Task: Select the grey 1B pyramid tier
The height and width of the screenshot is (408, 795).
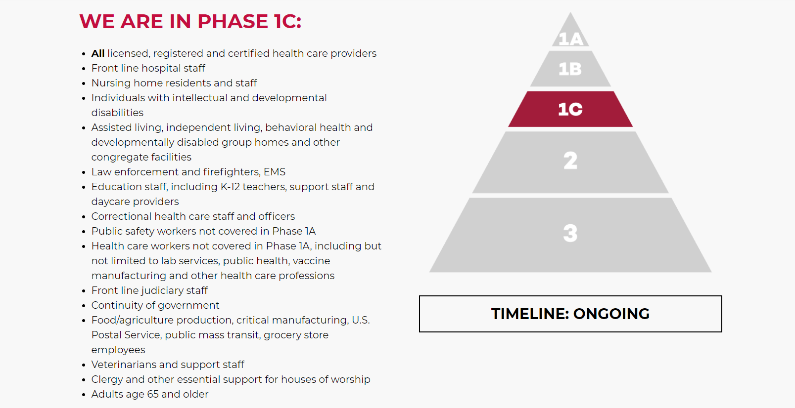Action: tap(570, 69)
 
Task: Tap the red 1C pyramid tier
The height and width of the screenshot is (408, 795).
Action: tap(570, 109)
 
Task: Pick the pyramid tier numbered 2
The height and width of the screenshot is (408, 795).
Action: tap(570, 162)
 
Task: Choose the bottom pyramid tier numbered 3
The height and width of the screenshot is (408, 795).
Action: tap(570, 235)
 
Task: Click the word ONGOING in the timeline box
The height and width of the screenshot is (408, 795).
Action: tap(611, 314)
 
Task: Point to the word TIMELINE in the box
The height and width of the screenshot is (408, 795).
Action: tap(530, 314)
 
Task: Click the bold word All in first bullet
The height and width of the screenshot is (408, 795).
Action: tap(97, 53)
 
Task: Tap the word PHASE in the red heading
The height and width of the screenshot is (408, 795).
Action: tap(233, 21)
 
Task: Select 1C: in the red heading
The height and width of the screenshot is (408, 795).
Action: tap(287, 21)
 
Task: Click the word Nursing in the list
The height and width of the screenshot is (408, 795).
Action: tap(111, 83)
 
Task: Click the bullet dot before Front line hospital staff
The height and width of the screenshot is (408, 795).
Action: tap(84, 69)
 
